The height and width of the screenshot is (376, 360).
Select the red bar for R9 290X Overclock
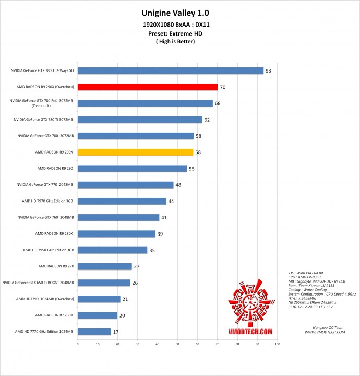(147, 87)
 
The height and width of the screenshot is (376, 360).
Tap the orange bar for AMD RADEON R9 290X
(135, 152)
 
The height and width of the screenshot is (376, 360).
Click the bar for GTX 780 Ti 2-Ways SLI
(170, 70)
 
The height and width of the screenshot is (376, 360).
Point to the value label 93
(269, 70)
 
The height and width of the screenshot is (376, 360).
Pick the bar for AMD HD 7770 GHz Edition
(94, 332)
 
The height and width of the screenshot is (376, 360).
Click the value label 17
(116, 332)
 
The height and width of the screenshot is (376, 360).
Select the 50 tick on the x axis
(177, 344)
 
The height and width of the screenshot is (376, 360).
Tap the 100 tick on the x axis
(277, 344)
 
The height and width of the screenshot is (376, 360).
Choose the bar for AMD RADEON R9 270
(104, 266)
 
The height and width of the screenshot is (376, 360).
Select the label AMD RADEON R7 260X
(54, 315)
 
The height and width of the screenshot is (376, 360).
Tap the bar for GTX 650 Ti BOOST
(103, 283)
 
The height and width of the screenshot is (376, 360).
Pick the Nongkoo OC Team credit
(326, 327)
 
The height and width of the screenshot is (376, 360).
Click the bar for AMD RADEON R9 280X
(116, 233)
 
